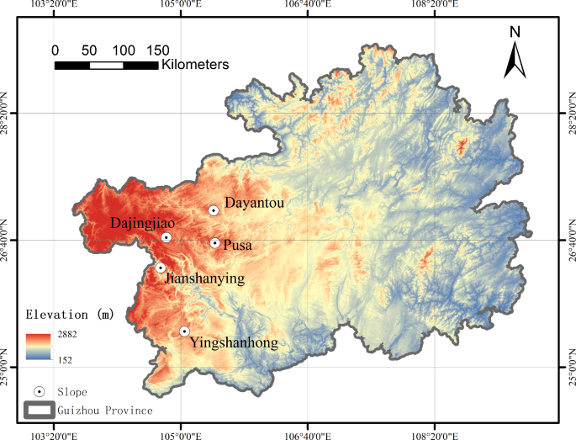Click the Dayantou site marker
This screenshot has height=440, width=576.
tap(214, 211)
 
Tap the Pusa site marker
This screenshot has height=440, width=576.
tap(215, 243)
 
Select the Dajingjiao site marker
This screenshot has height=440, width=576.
tap(166, 237)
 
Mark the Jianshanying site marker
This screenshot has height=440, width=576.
tap(161, 268)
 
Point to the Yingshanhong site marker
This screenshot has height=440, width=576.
tap(184, 331)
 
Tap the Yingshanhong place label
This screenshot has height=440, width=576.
tap(235, 342)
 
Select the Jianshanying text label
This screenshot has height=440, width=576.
tap(205, 278)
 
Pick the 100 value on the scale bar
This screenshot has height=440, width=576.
tap(124, 50)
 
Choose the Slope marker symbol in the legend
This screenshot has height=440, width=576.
tap(39, 392)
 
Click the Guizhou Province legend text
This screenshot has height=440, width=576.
tap(105, 411)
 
